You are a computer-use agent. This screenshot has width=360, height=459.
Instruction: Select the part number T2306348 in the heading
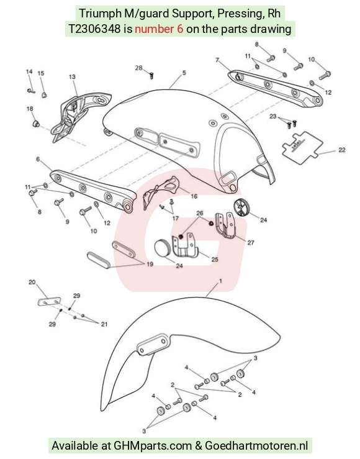click(x=94, y=29)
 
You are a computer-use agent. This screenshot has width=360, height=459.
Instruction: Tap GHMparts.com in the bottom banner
click(x=152, y=445)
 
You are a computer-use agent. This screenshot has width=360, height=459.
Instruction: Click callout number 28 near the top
click(x=138, y=68)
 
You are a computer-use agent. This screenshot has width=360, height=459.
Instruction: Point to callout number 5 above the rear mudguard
click(x=184, y=73)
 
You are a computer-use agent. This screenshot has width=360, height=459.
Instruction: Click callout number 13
click(x=72, y=76)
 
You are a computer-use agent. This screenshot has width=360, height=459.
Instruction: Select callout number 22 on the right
click(x=342, y=150)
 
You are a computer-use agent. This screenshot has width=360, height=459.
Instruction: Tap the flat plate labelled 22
click(x=302, y=148)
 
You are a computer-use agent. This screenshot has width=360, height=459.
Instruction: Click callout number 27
click(x=251, y=243)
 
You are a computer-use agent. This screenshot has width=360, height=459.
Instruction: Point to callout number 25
click(x=215, y=260)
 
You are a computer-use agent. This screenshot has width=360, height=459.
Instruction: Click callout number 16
click(x=194, y=196)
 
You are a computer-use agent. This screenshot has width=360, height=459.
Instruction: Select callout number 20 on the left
click(x=32, y=282)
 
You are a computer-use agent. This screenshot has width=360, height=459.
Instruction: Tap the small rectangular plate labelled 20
click(x=49, y=301)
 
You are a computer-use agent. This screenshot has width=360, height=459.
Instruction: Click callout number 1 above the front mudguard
click(x=220, y=281)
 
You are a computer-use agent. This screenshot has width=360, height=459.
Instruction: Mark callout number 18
click(x=30, y=109)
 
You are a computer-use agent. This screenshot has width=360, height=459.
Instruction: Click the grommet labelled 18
click(x=35, y=123)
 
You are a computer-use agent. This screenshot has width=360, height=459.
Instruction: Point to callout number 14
click(x=29, y=71)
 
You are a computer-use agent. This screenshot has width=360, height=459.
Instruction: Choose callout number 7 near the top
click(x=217, y=60)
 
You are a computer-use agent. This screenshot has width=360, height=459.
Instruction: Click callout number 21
click(x=104, y=324)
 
